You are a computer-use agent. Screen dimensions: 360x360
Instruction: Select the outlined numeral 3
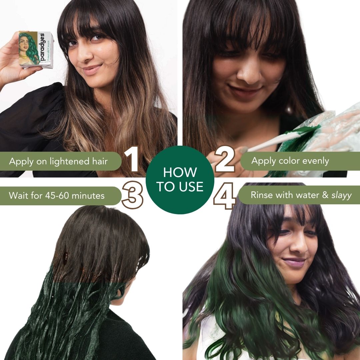pos(132,195)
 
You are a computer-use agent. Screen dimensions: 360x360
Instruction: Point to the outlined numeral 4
pos(225,196)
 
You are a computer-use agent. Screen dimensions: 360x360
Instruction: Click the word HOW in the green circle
pos(180,172)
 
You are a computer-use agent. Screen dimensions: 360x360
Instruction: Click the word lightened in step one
pos(70,161)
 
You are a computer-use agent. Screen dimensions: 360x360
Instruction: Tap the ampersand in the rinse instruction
pos(325,195)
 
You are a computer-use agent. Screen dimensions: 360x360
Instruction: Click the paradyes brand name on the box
pos(42,47)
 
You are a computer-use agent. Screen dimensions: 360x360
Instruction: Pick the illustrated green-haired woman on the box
pos(28,48)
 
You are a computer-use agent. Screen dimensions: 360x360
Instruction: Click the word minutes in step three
pos(88,196)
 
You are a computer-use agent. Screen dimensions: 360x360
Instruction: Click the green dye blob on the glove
pos(301,132)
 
